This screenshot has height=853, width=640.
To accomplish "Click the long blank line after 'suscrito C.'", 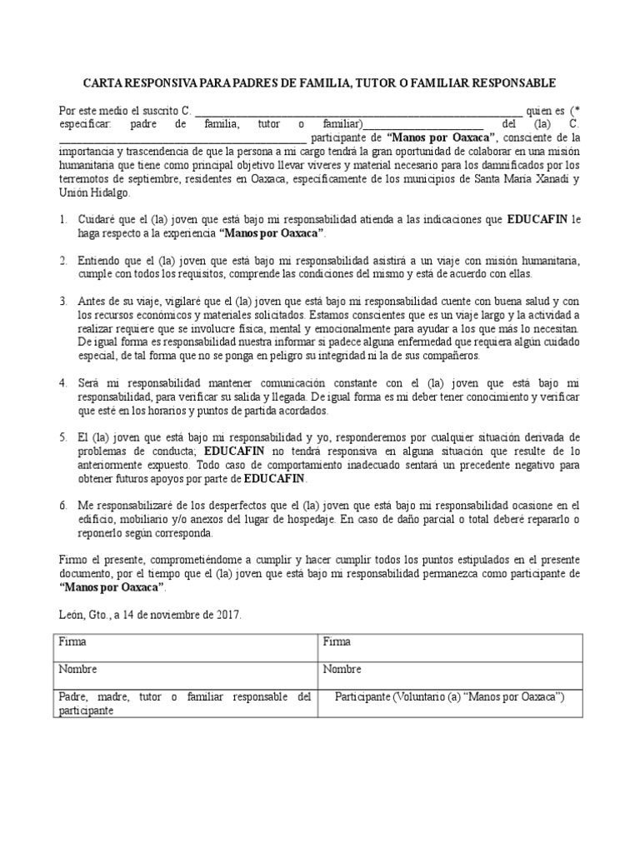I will (358, 111).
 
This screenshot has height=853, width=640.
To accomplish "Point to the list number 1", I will (62, 220).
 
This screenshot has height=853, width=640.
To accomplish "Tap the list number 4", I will (62, 382).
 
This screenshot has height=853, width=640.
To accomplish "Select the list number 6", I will (62, 506).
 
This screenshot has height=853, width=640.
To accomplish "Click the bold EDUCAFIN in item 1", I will (537, 220).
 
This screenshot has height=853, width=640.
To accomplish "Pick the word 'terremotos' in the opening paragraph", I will (83, 178).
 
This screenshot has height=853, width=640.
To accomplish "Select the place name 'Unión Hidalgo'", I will (93, 192).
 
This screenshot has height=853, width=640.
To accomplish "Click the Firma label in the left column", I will (72, 642).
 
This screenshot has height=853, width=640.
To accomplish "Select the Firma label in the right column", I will (337, 642).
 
